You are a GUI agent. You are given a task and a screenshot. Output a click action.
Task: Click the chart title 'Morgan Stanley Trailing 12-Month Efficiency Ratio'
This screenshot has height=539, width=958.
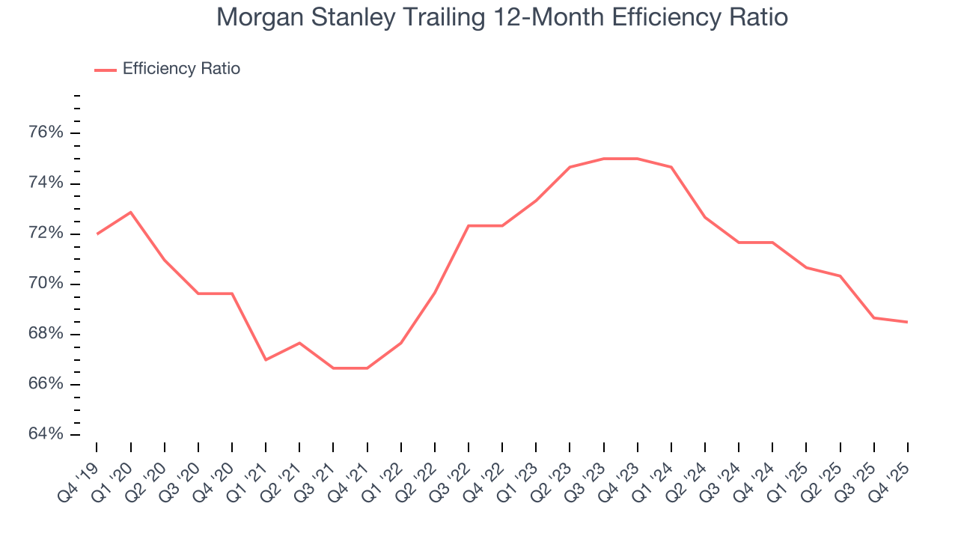click(x=501, y=16)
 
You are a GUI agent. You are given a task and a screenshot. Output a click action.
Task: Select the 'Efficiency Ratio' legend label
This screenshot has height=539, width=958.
click(x=181, y=69)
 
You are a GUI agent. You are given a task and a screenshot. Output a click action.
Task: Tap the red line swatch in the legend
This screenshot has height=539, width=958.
click(x=105, y=70)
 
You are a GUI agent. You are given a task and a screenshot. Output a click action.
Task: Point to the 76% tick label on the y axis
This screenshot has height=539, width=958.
click(x=44, y=133)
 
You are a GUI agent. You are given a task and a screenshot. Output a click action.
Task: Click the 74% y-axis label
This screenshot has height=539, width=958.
click(x=44, y=183)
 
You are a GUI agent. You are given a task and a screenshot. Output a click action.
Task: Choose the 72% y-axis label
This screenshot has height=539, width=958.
click(x=44, y=234)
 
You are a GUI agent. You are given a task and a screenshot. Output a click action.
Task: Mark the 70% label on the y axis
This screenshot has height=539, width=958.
click(x=44, y=284)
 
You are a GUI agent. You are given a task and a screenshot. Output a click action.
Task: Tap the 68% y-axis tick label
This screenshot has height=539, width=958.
click(x=44, y=334)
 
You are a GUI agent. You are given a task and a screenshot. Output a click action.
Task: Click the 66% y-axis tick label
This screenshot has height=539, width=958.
click(x=44, y=384)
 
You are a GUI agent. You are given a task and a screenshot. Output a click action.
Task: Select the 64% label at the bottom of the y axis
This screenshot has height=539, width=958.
click(x=44, y=434)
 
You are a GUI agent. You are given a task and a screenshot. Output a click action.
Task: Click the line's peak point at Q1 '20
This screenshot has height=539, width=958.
click(x=131, y=212)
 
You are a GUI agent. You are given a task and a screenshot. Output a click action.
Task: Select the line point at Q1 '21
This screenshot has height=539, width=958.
click(x=266, y=360)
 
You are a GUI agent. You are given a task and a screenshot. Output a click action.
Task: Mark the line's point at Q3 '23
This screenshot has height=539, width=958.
click(x=604, y=159)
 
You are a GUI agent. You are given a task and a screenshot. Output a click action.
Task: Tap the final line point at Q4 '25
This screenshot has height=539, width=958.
click(x=908, y=322)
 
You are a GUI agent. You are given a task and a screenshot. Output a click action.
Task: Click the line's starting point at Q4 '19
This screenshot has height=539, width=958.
click(x=97, y=234)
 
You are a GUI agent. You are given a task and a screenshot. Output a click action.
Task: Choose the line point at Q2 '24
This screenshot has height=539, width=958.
click(x=705, y=217)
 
